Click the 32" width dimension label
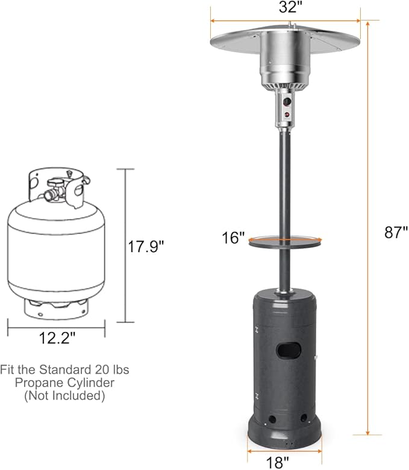pyautogui.click(x=286, y=8)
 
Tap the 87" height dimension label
pyautogui.click(x=396, y=232)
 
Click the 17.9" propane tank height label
pyautogui.click(x=146, y=246)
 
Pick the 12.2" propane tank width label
pyautogui.click(x=58, y=339)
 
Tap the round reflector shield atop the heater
pyautogui.click(x=286, y=39)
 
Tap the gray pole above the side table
pyautogui.click(x=283, y=181)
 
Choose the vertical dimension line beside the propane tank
pyautogui.click(x=125, y=246)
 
